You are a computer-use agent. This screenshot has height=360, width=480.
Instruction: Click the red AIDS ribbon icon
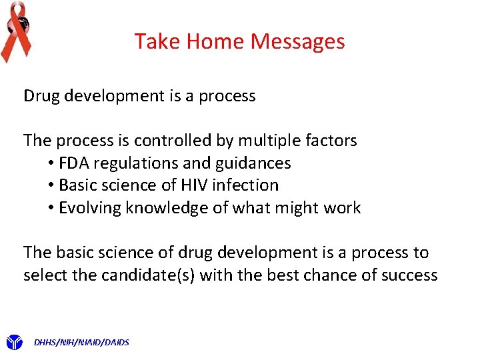click(x=15, y=31)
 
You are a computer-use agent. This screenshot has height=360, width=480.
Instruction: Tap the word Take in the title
click(x=157, y=41)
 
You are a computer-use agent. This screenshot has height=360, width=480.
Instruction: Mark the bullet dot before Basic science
click(x=51, y=185)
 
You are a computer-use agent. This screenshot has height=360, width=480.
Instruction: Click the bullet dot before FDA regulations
click(x=51, y=163)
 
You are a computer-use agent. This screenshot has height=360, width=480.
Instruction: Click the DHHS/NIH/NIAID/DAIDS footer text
click(x=81, y=343)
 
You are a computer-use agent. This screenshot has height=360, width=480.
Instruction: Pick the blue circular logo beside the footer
click(x=15, y=343)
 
